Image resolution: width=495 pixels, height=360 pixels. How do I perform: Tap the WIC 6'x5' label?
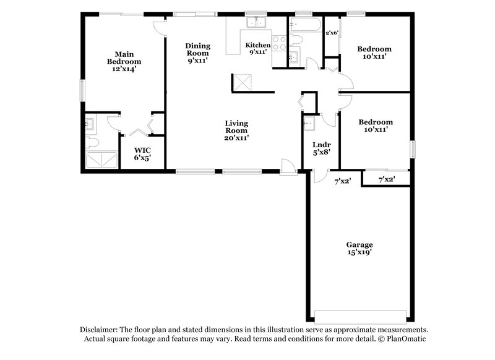142,154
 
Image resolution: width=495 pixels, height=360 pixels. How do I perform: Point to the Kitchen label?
257,46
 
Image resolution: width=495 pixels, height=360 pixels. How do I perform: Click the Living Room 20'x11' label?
236,130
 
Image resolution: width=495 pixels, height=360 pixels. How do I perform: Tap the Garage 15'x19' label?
359,249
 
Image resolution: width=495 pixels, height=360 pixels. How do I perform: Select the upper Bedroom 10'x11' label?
375,53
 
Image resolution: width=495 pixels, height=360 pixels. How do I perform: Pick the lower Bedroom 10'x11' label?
376,126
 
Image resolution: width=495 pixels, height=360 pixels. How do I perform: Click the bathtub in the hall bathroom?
305,25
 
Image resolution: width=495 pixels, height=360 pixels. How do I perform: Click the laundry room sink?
309,124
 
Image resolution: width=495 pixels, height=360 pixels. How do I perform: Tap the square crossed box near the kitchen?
240,83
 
